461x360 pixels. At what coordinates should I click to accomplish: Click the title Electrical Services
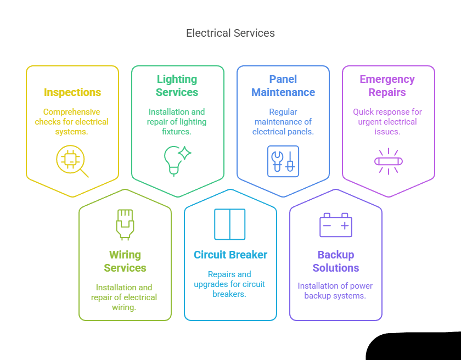coord(231,33)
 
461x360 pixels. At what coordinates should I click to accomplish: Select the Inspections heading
coord(72,92)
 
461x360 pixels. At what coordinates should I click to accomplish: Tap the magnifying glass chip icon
coord(72,161)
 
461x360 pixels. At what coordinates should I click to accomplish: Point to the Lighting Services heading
coord(177,86)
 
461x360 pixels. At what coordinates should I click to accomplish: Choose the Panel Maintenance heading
coord(283,86)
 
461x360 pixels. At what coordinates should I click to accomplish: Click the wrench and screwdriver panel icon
coord(283,161)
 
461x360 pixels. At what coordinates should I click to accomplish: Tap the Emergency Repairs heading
coord(387,86)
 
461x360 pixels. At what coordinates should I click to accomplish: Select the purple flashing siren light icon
coord(389,161)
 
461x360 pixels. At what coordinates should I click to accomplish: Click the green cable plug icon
coord(125,224)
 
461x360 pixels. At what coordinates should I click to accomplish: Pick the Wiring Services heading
coord(125,261)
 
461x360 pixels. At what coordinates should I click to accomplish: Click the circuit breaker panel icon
coord(230,224)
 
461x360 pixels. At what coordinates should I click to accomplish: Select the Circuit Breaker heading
coord(231,255)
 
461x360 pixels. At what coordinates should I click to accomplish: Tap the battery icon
coord(336,225)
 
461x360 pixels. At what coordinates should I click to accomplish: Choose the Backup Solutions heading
coord(336,261)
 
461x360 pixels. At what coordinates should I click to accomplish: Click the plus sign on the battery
coord(345,226)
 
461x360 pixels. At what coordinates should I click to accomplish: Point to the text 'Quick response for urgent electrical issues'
coord(387,122)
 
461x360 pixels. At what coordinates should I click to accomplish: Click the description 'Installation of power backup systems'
coord(335,291)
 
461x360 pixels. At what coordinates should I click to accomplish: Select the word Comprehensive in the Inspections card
coord(72,112)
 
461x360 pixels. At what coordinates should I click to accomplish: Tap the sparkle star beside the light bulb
coord(184,153)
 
